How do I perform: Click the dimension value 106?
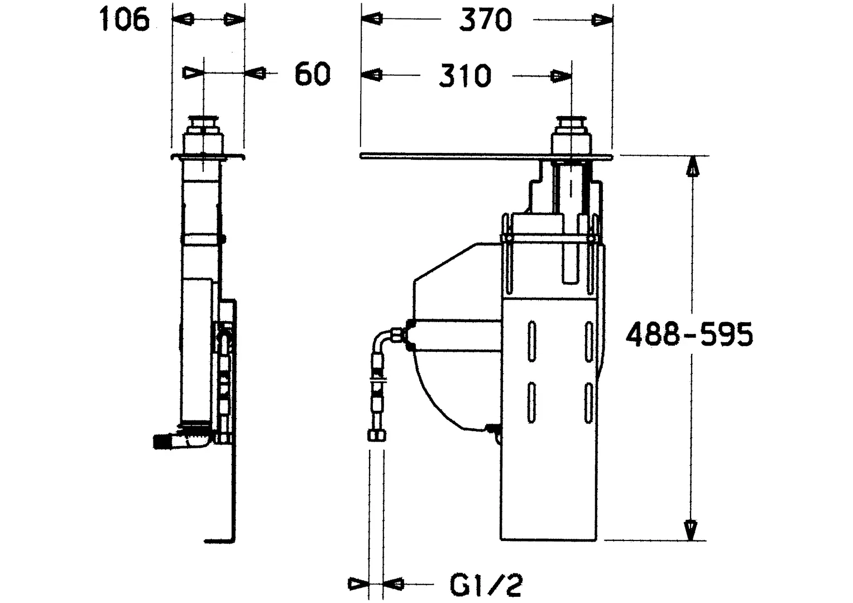[x=124, y=20]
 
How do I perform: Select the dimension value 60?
[x=313, y=74]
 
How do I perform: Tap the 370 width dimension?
[x=486, y=20]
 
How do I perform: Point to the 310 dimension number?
[x=465, y=76]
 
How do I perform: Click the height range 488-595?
[x=689, y=334]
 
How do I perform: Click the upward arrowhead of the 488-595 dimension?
[x=692, y=165]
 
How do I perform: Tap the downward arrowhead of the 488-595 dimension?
[x=691, y=530]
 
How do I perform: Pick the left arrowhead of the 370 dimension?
[x=372, y=18]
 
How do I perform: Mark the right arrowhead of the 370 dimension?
[x=602, y=20]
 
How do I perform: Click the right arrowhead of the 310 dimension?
[x=561, y=76]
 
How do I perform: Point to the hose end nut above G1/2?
[x=377, y=435]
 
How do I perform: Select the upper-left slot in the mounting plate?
[x=531, y=341]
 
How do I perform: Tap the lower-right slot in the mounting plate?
[x=589, y=403]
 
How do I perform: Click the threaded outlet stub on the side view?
[x=163, y=442]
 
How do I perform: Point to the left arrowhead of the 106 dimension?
[x=183, y=19]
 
